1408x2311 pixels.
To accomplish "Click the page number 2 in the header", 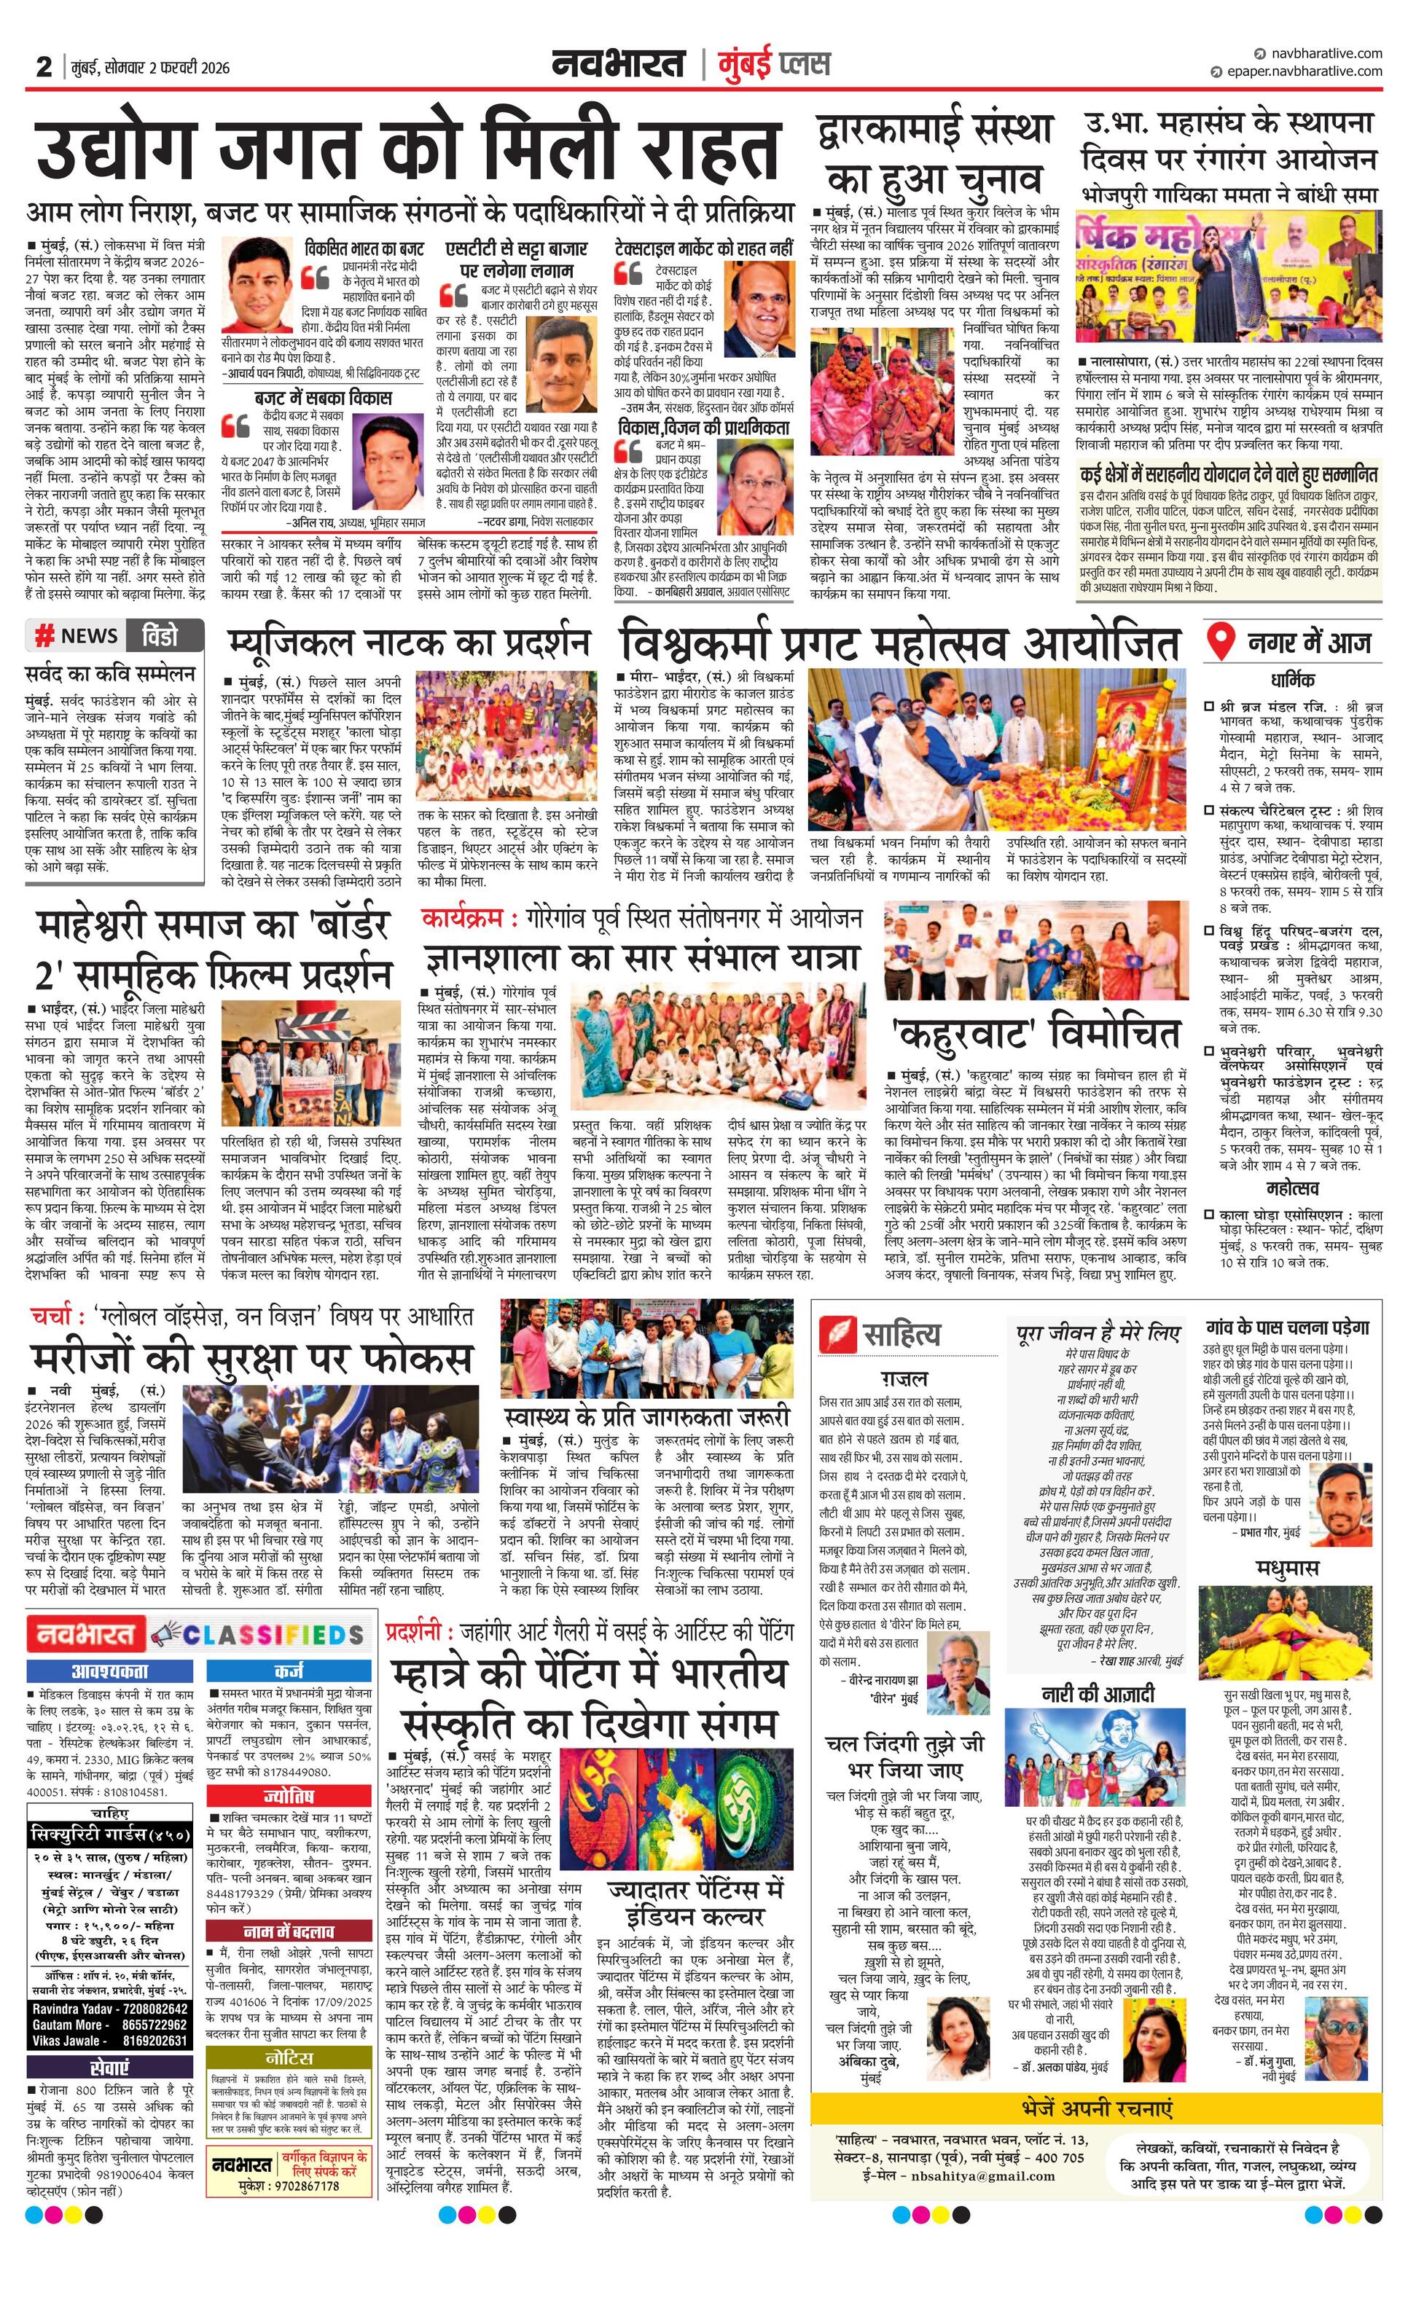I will [43, 66].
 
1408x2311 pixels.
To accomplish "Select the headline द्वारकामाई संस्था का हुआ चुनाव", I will [934, 154].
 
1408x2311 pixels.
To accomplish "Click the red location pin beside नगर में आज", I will [1219, 643].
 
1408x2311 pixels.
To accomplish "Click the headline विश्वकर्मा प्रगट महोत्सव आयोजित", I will [899, 644].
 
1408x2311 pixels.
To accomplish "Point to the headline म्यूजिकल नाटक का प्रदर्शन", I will [409, 643].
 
